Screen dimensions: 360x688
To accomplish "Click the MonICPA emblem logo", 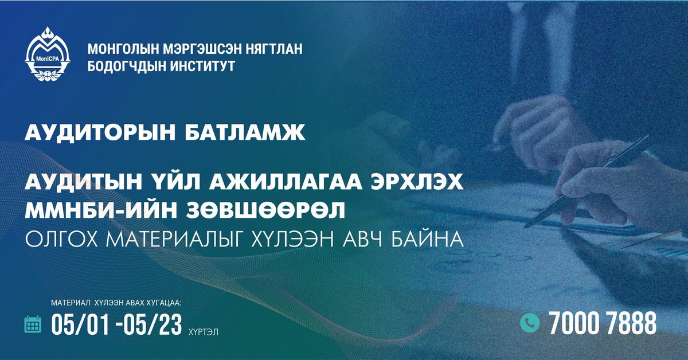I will [x=49, y=58].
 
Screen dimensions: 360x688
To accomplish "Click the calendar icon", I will [x=33, y=324].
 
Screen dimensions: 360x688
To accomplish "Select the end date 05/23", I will [x=153, y=324].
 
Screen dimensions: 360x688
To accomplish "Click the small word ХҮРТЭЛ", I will [x=202, y=331].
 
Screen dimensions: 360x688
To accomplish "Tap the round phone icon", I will [x=530, y=323].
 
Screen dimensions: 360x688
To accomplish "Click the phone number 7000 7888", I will [x=602, y=324].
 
